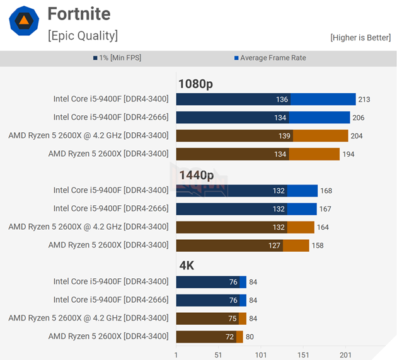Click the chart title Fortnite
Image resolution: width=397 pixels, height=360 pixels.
pos(79,14)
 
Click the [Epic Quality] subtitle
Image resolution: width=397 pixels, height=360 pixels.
pos(83,35)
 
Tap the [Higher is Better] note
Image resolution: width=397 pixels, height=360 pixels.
pos(360,38)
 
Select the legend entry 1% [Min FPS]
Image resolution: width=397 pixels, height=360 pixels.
pos(119,58)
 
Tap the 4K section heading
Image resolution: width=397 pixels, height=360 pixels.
pos(187,266)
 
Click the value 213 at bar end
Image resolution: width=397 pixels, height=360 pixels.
pos(364,99)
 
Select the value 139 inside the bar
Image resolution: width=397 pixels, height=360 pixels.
pos(284,136)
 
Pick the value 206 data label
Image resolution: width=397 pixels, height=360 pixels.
pos(358,118)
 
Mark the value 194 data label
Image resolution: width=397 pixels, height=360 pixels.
pos(348,154)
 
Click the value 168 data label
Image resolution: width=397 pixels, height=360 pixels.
pos(326,191)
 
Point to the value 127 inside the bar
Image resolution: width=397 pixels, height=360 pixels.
pos(274,245)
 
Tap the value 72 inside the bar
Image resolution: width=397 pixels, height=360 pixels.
pos(229,337)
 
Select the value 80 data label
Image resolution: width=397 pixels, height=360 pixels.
pos(250,337)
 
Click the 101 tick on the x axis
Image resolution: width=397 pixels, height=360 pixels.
pos(260,355)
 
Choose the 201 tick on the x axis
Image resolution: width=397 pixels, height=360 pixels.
pos(345,355)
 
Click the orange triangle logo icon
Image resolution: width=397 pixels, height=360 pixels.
pos(24,21)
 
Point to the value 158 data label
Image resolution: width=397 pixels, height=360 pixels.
pos(318,245)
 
